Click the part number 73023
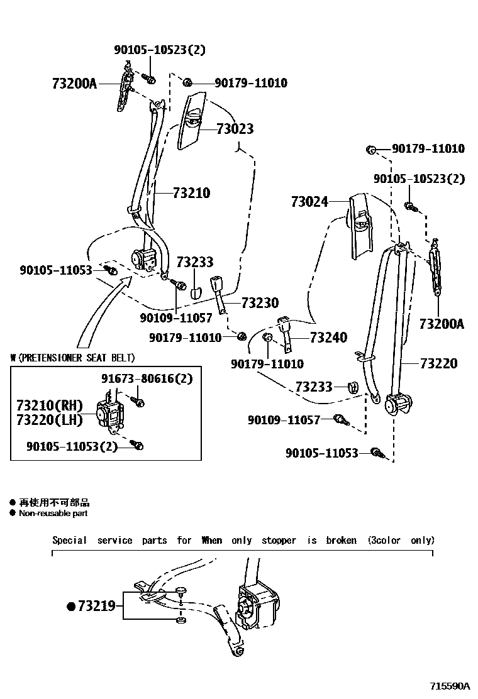[x=235, y=129]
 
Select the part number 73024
[x=309, y=202]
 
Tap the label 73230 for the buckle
[x=259, y=303]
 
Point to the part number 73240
[x=328, y=338]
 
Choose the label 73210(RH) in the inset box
[x=45, y=404]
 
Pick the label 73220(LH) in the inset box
[x=45, y=418]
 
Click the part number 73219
[x=96, y=606]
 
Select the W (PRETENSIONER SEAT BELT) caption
[x=72, y=358]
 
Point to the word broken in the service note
[x=341, y=540]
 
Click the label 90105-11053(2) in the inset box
[x=72, y=446]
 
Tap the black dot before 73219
[x=71, y=607]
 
